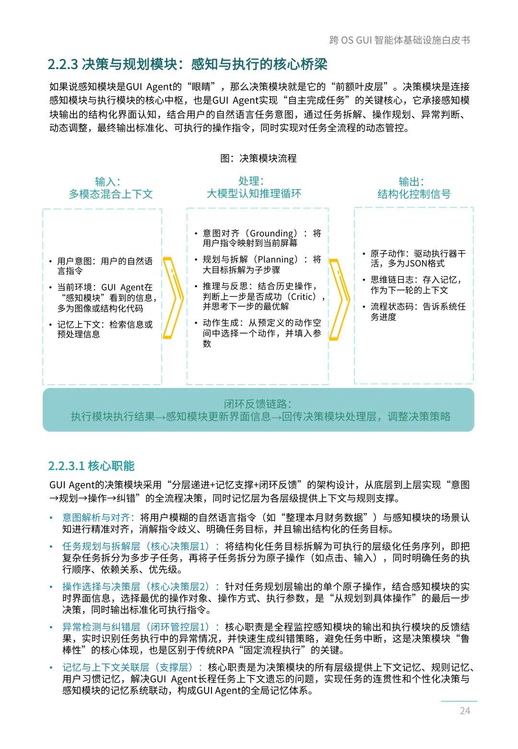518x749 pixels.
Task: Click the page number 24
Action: [465, 711]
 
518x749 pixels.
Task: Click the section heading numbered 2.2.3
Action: [188, 64]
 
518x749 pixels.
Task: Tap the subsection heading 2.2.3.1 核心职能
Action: [91, 466]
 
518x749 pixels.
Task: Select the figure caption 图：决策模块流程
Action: [259, 158]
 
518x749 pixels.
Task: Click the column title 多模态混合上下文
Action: [111, 194]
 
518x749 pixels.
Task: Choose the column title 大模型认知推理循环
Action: [254, 193]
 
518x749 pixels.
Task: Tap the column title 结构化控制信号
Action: [414, 194]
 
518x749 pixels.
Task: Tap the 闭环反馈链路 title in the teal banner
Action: [258, 404]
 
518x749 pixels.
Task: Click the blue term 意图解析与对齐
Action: [96, 518]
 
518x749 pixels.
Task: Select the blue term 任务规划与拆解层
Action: [101, 546]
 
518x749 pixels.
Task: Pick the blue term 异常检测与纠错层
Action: [101, 627]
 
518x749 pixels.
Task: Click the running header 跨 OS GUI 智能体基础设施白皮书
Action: [400, 40]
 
